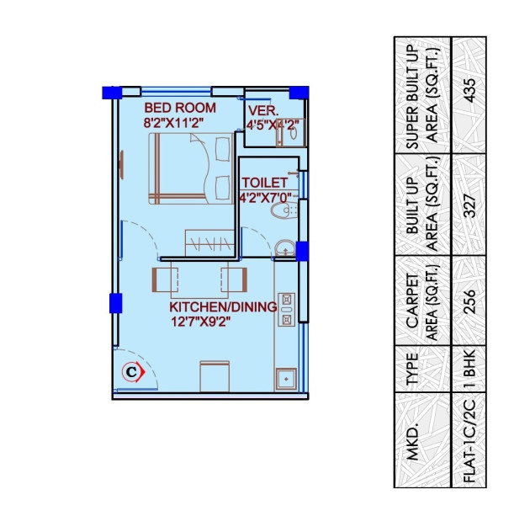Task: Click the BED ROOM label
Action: [179, 108]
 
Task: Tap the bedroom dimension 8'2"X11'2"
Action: [174, 124]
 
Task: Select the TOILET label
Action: [264, 183]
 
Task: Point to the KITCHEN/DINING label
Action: [223, 307]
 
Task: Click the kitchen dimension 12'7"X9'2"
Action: [200, 322]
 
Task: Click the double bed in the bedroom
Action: [191, 168]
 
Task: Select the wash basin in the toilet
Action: [284, 247]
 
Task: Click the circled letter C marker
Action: [131, 370]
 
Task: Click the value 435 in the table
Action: [469, 94]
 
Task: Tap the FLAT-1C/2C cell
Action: [469, 439]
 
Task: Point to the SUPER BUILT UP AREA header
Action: [421, 94]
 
